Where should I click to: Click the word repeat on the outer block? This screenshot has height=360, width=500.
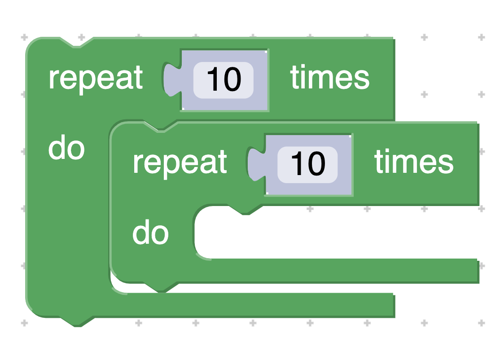[96, 78]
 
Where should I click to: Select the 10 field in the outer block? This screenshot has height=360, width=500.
[224, 80]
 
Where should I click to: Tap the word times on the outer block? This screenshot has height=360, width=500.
[330, 78]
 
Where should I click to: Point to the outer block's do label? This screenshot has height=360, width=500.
[66, 149]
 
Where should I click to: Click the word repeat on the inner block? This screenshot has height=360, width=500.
[180, 162]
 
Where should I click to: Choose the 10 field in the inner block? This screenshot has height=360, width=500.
[307, 164]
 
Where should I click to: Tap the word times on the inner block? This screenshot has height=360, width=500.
[414, 162]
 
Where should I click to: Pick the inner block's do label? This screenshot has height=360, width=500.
[150, 233]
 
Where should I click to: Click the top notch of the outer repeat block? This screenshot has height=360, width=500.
[76, 42]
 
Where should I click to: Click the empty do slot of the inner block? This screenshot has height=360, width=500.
[332, 233]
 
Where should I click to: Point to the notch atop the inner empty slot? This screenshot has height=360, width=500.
[245, 210]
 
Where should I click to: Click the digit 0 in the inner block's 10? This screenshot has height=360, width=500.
[316, 164]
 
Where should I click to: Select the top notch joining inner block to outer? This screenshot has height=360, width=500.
[161, 126]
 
